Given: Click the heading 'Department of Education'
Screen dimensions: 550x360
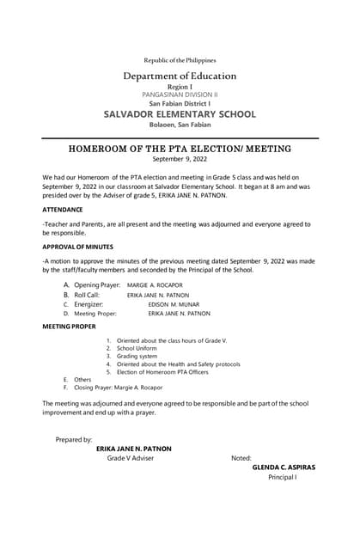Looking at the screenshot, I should tap(180, 76).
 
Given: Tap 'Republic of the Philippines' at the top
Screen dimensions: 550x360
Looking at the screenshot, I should tap(180, 60).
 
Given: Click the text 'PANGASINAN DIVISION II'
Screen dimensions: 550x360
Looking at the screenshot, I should tap(180, 95).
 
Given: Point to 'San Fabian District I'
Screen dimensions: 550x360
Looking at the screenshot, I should tap(180, 103).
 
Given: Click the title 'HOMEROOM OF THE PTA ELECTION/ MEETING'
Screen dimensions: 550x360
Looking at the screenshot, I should tap(180, 149).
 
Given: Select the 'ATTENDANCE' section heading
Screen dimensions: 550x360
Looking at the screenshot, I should tap(63, 210).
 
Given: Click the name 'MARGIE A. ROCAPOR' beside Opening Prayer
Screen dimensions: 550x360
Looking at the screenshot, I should tap(156, 284).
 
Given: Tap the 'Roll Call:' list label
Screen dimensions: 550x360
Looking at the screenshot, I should tap(93, 294).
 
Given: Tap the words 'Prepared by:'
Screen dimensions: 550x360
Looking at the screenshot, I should tap(74, 439).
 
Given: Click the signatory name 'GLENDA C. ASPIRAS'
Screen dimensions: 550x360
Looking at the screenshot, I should tap(284, 467).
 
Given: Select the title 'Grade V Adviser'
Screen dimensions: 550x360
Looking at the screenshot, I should tap(131, 458).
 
